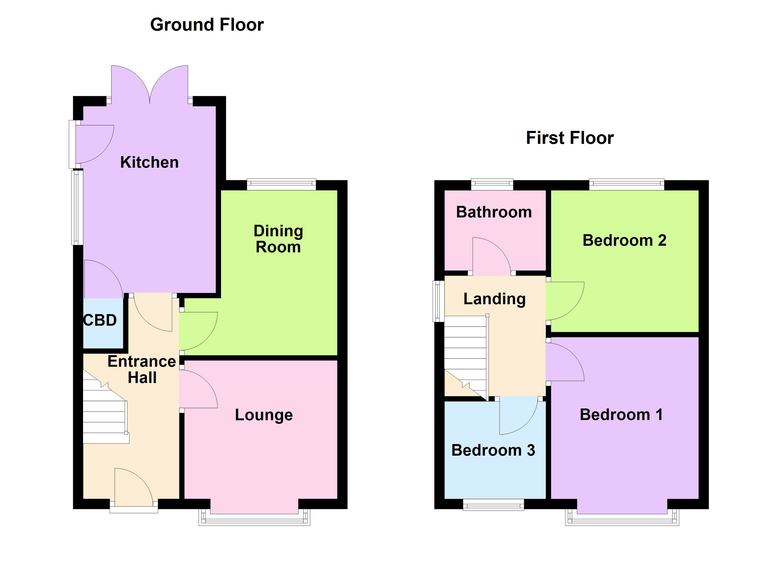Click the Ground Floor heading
(x=207, y=25)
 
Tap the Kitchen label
(x=149, y=162)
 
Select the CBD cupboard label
(x=100, y=320)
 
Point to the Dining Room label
(x=278, y=239)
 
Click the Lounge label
(x=263, y=415)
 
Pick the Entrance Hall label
(x=142, y=369)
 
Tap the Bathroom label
(x=494, y=212)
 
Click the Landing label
(x=494, y=299)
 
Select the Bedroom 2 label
(x=624, y=240)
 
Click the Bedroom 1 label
(x=621, y=415)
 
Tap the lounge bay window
(x=254, y=518)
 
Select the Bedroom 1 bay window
(x=622, y=518)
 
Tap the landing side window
(x=438, y=301)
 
